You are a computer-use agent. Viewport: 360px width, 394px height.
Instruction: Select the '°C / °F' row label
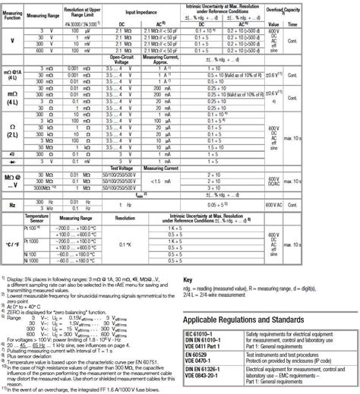(13, 243)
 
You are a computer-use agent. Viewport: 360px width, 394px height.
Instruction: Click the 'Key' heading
(188, 280)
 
